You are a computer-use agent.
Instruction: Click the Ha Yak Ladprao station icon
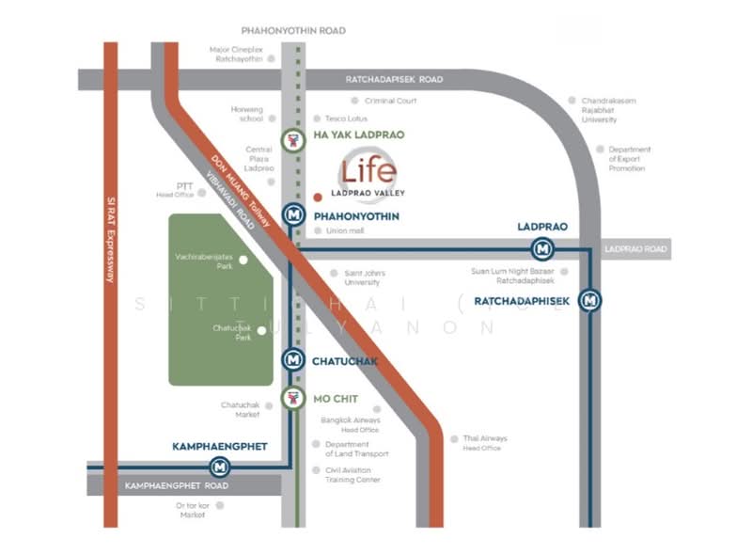click(294, 141)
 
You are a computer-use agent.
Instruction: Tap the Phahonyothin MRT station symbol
click(294, 214)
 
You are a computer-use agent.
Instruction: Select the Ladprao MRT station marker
click(542, 249)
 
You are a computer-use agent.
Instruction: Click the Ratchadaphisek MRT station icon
click(590, 301)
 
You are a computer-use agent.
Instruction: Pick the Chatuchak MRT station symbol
click(294, 359)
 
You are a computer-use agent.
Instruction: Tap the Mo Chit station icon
click(294, 398)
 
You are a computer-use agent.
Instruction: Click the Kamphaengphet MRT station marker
click(220, 465)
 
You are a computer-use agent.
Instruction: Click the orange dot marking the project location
click(318, 198)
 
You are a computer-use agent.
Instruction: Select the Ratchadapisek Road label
click(394, 80)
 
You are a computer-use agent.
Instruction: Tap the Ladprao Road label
click(635, 249)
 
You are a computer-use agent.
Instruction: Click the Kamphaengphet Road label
click(177, 486)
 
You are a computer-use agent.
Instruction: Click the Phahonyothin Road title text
click(293, 31)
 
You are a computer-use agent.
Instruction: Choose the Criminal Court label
click(391, 101)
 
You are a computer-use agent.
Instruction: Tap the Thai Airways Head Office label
click(484, 442)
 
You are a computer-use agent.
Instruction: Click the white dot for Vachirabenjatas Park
click(243, 260)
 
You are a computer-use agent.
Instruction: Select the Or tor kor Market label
click(192, 510)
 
